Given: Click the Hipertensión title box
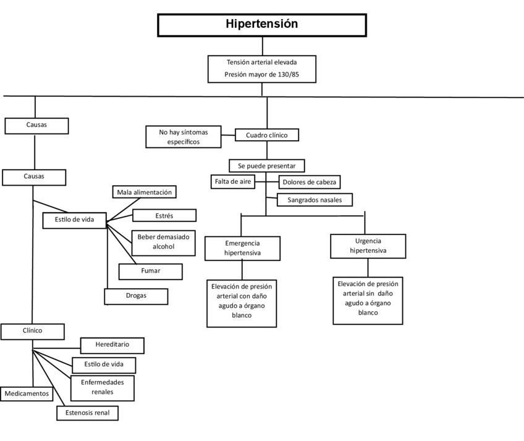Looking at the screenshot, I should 261,25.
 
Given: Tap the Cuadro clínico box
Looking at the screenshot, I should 267,135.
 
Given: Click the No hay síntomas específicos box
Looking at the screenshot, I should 184,137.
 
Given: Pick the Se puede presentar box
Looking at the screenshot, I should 266,166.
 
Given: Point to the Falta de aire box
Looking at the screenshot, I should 232,181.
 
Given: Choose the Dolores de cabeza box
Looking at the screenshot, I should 310,182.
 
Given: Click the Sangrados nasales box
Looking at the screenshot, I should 315,200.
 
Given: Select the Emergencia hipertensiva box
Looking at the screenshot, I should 242,248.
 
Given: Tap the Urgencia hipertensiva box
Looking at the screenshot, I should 368,245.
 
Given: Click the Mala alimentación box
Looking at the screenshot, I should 145,192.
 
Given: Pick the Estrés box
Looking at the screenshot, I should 164,215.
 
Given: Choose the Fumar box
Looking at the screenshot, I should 151,271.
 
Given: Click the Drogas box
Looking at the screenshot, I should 136,296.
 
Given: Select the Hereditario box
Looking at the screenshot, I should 112,345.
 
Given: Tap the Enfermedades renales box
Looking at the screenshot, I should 103,387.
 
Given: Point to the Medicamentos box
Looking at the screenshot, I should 26,394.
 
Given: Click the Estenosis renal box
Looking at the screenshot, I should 87,413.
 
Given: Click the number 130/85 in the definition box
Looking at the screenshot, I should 287,75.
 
